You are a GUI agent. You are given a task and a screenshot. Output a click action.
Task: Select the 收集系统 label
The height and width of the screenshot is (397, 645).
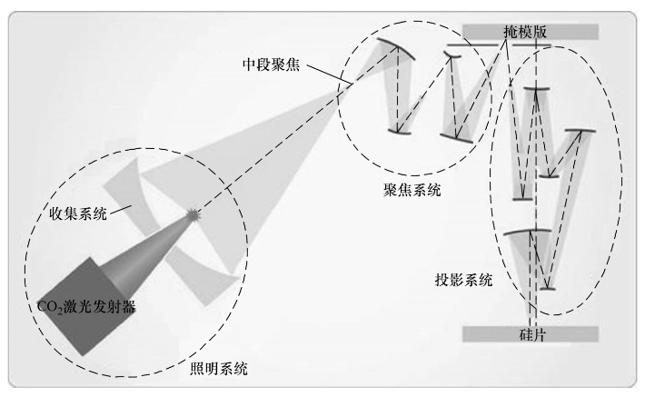[76, 213]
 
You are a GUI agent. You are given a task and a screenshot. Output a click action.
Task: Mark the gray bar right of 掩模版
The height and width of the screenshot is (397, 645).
[572, 31]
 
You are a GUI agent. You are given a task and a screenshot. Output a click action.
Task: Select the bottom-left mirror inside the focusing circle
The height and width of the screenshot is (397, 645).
[399, 133]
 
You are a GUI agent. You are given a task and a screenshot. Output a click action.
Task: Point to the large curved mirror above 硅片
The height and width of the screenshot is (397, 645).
[528, 233]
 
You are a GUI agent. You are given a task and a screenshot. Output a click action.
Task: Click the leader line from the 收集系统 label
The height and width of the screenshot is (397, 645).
[122, 207]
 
